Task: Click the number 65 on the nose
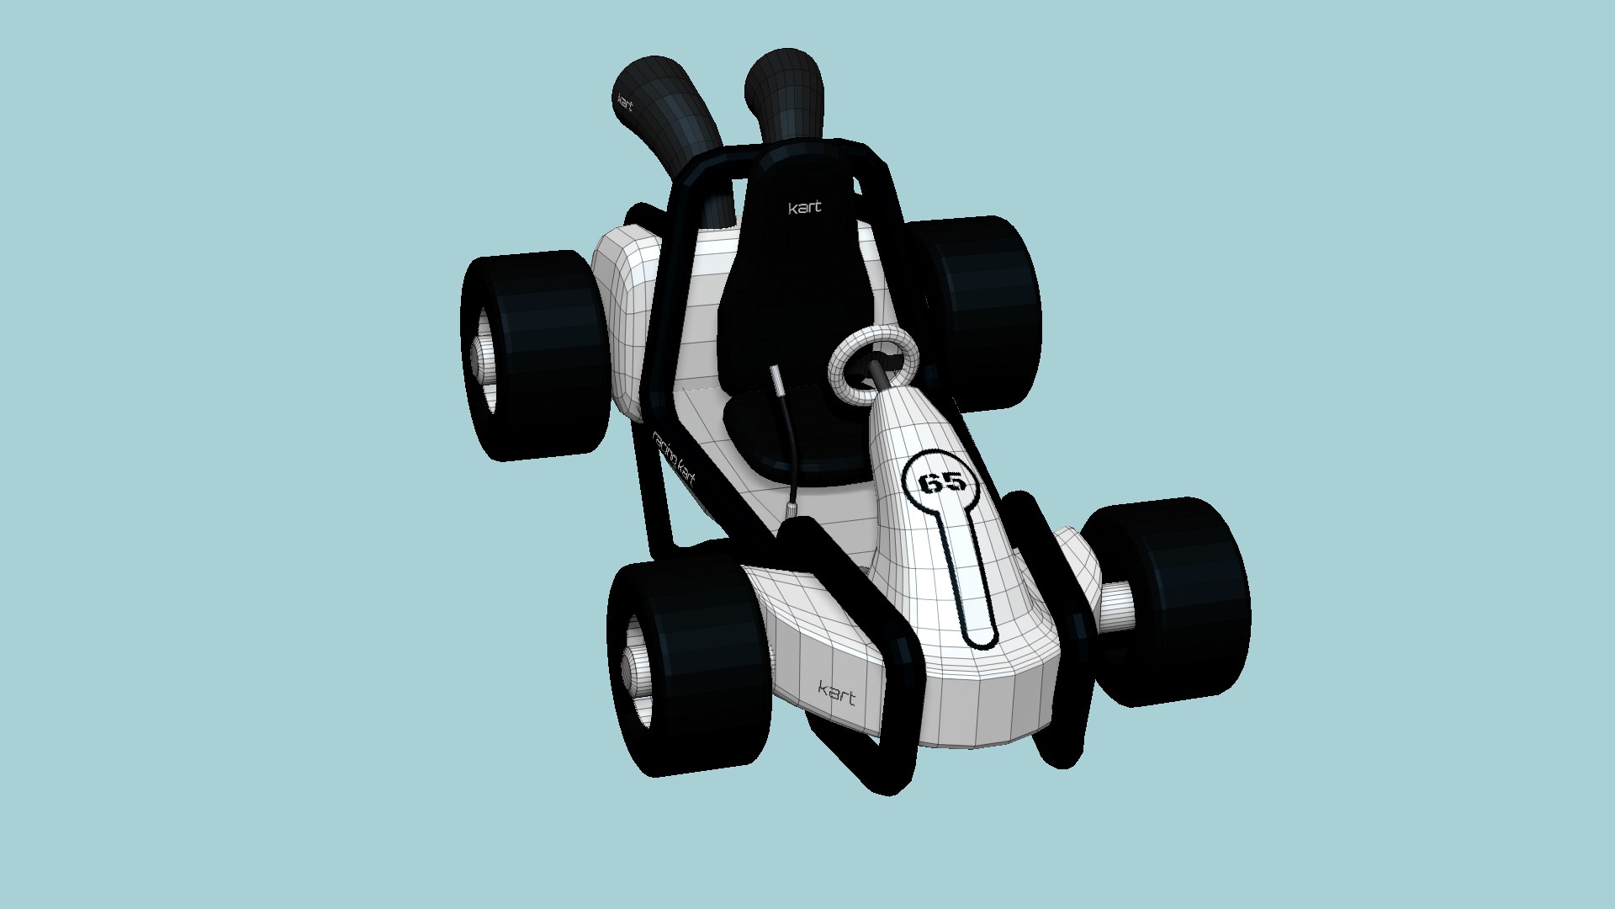(942, 482)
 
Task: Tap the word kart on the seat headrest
(804, 207)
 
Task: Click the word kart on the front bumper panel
(837, 694)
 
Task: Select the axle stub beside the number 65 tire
(1117, 606)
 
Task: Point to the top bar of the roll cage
(791, 155)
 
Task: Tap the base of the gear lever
(792, 510)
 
